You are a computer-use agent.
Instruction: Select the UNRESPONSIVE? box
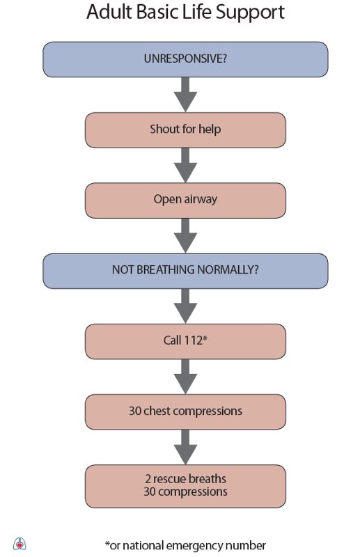click(185, 59)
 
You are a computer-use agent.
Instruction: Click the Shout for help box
click(185, 130)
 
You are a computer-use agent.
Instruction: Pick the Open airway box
click(185, 201)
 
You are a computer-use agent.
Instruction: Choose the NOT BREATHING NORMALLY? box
click(185, 271)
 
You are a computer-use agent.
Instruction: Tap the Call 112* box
click(185, 341)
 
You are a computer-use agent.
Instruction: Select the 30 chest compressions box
click(185, 411)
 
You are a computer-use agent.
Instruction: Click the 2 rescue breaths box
click(185, 486)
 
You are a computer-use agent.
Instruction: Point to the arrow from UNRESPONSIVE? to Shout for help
click(185, 95)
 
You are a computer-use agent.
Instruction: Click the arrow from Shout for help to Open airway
click(185, 165)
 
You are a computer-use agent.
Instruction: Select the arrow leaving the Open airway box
click(185, 235)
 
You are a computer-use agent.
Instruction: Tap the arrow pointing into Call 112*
click(185, 306)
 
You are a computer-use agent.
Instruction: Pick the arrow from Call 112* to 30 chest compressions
click(185, 377)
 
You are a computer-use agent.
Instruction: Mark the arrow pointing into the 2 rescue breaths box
click(185, 447)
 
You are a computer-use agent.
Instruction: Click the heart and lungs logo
click(19, 544)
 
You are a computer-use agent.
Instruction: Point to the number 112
click(194, 340)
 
